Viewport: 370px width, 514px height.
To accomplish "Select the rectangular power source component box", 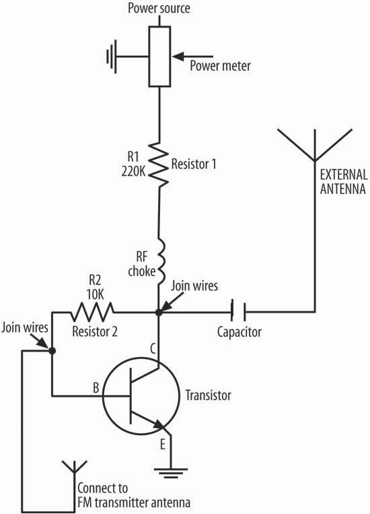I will click(x=159, y=57).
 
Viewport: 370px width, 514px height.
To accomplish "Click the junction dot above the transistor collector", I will click(x=159, y=313).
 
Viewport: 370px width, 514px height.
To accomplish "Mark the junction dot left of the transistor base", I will click(x=52, y=351).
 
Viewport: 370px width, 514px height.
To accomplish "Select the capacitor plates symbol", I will click(x=239, y=312).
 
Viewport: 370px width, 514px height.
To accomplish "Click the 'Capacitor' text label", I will click(x=239, y=332).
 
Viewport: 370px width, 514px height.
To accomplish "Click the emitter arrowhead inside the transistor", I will click(x=160, y=424).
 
